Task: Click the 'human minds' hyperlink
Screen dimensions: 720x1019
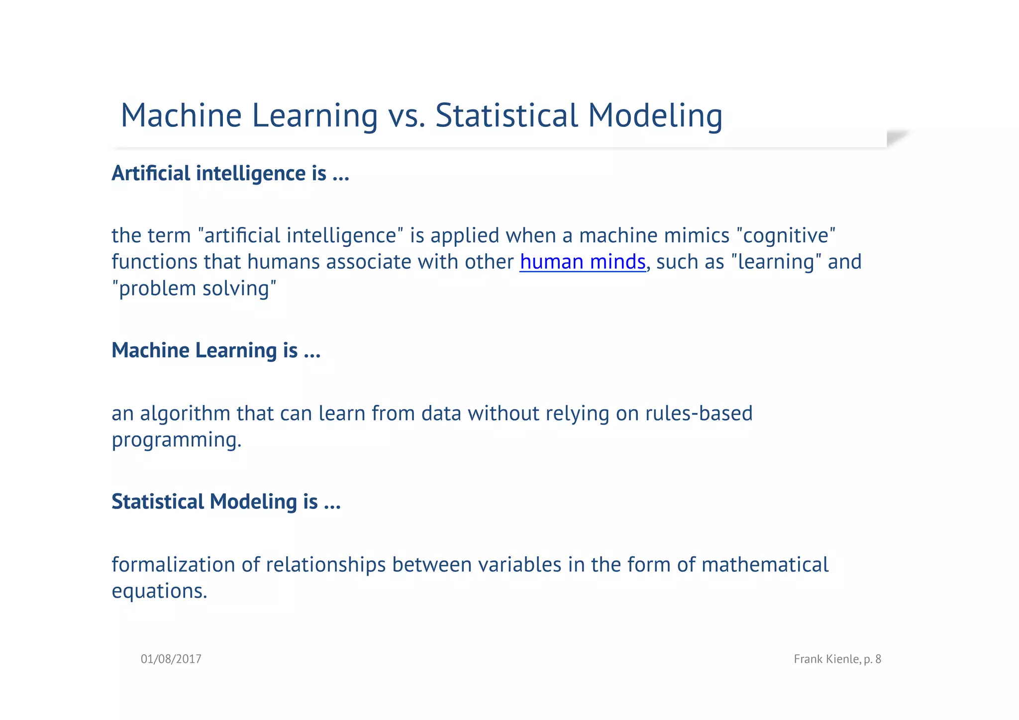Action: coord(582,262)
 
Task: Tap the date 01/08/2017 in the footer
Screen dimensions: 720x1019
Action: coord(171,659)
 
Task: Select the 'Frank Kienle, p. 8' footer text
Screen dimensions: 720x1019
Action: coord(837,659)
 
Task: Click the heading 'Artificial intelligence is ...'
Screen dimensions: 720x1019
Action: coord(230,173)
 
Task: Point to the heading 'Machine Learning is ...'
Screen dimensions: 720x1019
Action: coord(216,350)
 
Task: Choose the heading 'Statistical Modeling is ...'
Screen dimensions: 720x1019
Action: coord(226,502)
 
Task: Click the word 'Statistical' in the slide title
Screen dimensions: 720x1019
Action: coord(506,116)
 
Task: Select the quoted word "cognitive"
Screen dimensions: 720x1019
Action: coord(786,236)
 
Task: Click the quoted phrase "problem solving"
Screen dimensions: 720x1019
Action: coord(194,289)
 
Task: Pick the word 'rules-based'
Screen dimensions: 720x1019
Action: coord(699,414)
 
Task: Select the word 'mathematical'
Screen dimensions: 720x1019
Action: coord(765,565)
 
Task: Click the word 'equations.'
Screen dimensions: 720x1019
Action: coord(159,592)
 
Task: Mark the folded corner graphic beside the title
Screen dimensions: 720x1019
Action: coord(899,137)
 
